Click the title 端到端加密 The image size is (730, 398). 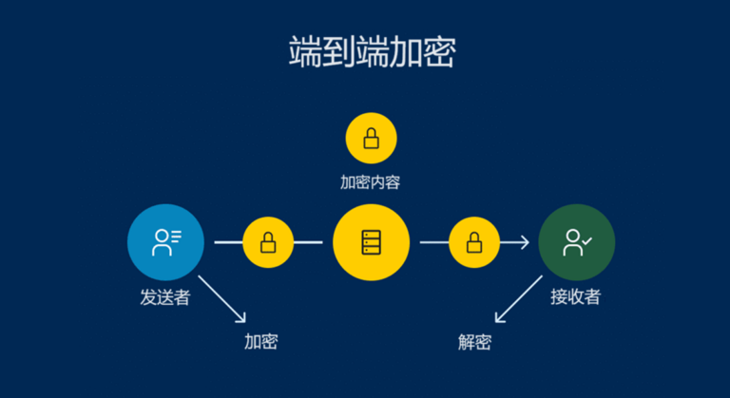[372, 53]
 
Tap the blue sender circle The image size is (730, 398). [165, 242]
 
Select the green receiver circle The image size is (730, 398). [576, 242]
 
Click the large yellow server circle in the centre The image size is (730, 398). [371, 242]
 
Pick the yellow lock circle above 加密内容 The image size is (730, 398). [371, 139]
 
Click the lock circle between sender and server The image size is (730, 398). [268, 242]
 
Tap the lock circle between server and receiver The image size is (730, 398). [473, 242]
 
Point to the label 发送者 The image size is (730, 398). [165, 297]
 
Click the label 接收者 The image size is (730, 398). [576, 297]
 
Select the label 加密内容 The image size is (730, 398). [371, 182]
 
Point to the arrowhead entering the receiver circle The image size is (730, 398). [525, 242]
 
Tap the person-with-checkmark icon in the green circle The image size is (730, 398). [576, 242]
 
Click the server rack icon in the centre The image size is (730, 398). [371, 242]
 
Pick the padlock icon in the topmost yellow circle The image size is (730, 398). [371, 140]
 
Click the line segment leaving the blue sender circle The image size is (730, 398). [228, 242]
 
